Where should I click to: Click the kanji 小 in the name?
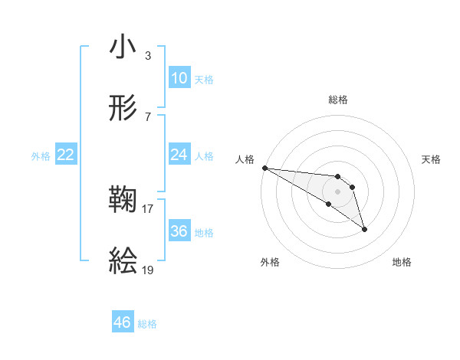123,47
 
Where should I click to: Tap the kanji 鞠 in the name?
123,201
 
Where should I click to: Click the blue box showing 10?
179,78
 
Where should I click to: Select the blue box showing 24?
179,155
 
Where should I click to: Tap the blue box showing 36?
179,231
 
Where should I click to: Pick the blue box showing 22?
66,155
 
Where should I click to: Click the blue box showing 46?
123,322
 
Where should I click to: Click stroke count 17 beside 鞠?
148,208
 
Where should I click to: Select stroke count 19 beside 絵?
148,270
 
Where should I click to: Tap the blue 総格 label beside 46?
147,324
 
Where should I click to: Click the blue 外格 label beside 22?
41,156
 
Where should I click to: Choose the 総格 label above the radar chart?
338,100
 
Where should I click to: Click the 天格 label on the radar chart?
432,159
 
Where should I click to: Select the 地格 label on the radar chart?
402,262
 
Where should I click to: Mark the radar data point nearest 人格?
264,168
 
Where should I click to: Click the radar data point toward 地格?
364,229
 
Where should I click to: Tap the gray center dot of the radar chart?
338,191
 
